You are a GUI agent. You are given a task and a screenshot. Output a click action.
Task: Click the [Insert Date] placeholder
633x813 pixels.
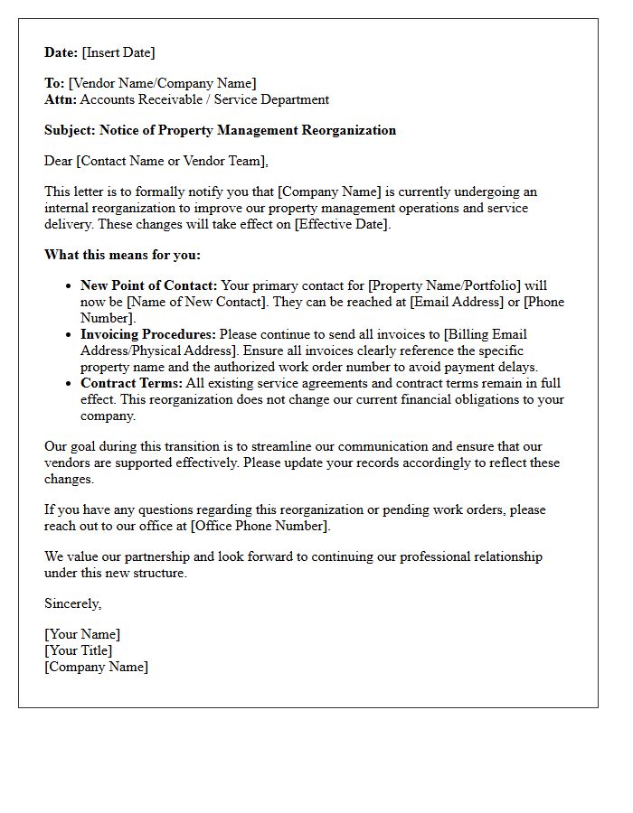(x=118, y=53)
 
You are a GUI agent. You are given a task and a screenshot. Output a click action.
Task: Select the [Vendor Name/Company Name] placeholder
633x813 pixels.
(x=162, y=84)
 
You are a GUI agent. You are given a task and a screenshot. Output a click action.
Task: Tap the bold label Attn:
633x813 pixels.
(x=61, y=100)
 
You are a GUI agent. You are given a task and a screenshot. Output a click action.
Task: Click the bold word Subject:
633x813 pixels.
(x=70, y=130)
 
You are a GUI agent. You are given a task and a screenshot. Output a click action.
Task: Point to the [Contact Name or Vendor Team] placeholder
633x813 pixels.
(x=172, y=162)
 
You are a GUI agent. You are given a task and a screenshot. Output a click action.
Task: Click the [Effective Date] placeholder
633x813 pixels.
(x=335, y=224)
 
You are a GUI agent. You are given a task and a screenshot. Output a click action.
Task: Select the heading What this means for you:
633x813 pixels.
(x=122, y=255)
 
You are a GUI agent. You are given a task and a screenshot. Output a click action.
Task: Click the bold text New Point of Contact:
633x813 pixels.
(x=149, y=286)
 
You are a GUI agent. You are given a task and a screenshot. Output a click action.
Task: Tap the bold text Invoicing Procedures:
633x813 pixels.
(x=148, y=335)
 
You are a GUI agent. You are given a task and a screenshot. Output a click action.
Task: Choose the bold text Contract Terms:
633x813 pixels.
(x=131, y=384)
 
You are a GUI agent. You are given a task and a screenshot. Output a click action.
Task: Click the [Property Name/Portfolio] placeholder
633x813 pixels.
(x=444, y=286)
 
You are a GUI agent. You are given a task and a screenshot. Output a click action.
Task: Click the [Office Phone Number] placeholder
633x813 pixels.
(x=260, y=526)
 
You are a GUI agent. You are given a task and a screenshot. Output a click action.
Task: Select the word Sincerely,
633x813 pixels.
(x=73, y=603)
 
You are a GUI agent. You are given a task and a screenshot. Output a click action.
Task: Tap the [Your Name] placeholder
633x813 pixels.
(x=82, y=635)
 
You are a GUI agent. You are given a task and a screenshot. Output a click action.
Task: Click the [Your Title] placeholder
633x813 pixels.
(x=79, y=651)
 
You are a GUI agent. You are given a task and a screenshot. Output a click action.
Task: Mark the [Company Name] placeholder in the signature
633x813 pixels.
(x=97, y=668)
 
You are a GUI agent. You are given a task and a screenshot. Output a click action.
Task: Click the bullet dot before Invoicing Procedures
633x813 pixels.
(x=69, y=335)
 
